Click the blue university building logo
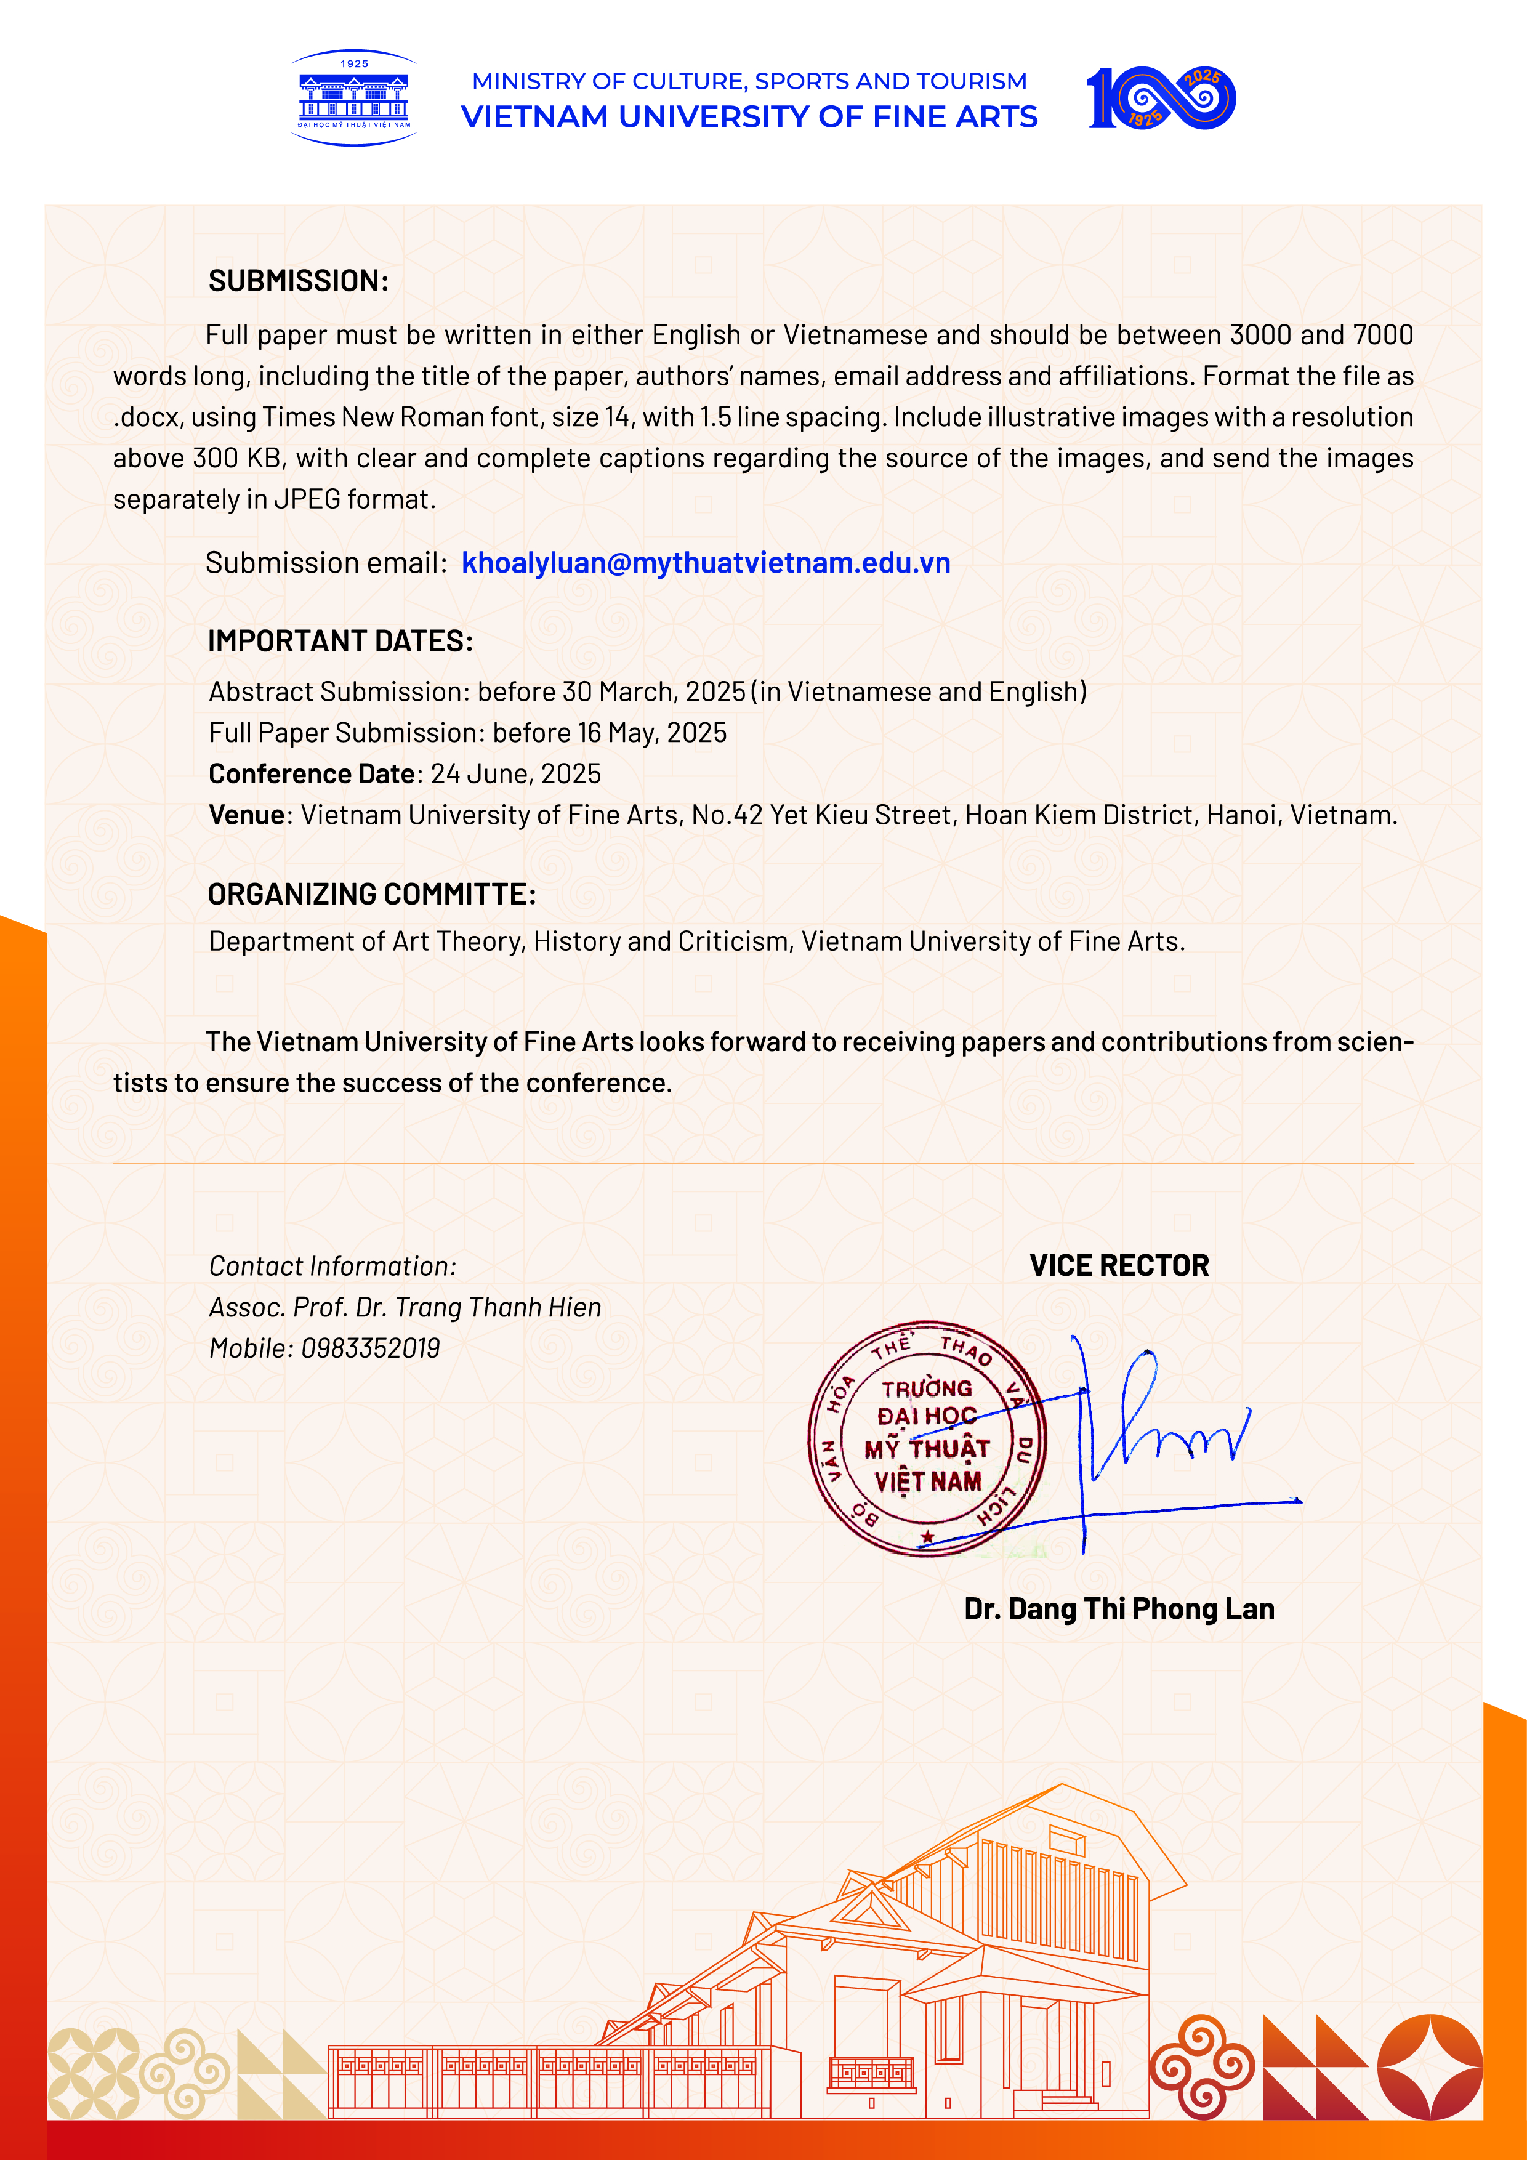tap(354, 98)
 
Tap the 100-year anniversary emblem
tap(1161, 98)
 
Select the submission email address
tap(706, 563)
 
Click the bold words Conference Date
tap(312, 773)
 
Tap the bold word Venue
tap(246, 815)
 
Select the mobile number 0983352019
tap(371, 1348)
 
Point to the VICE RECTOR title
tap(1119, 1265)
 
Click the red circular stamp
tap(927, 1438)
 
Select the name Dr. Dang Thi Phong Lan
tap(1119, 1609)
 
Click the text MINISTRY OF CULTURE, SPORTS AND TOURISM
tap(749, 81)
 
